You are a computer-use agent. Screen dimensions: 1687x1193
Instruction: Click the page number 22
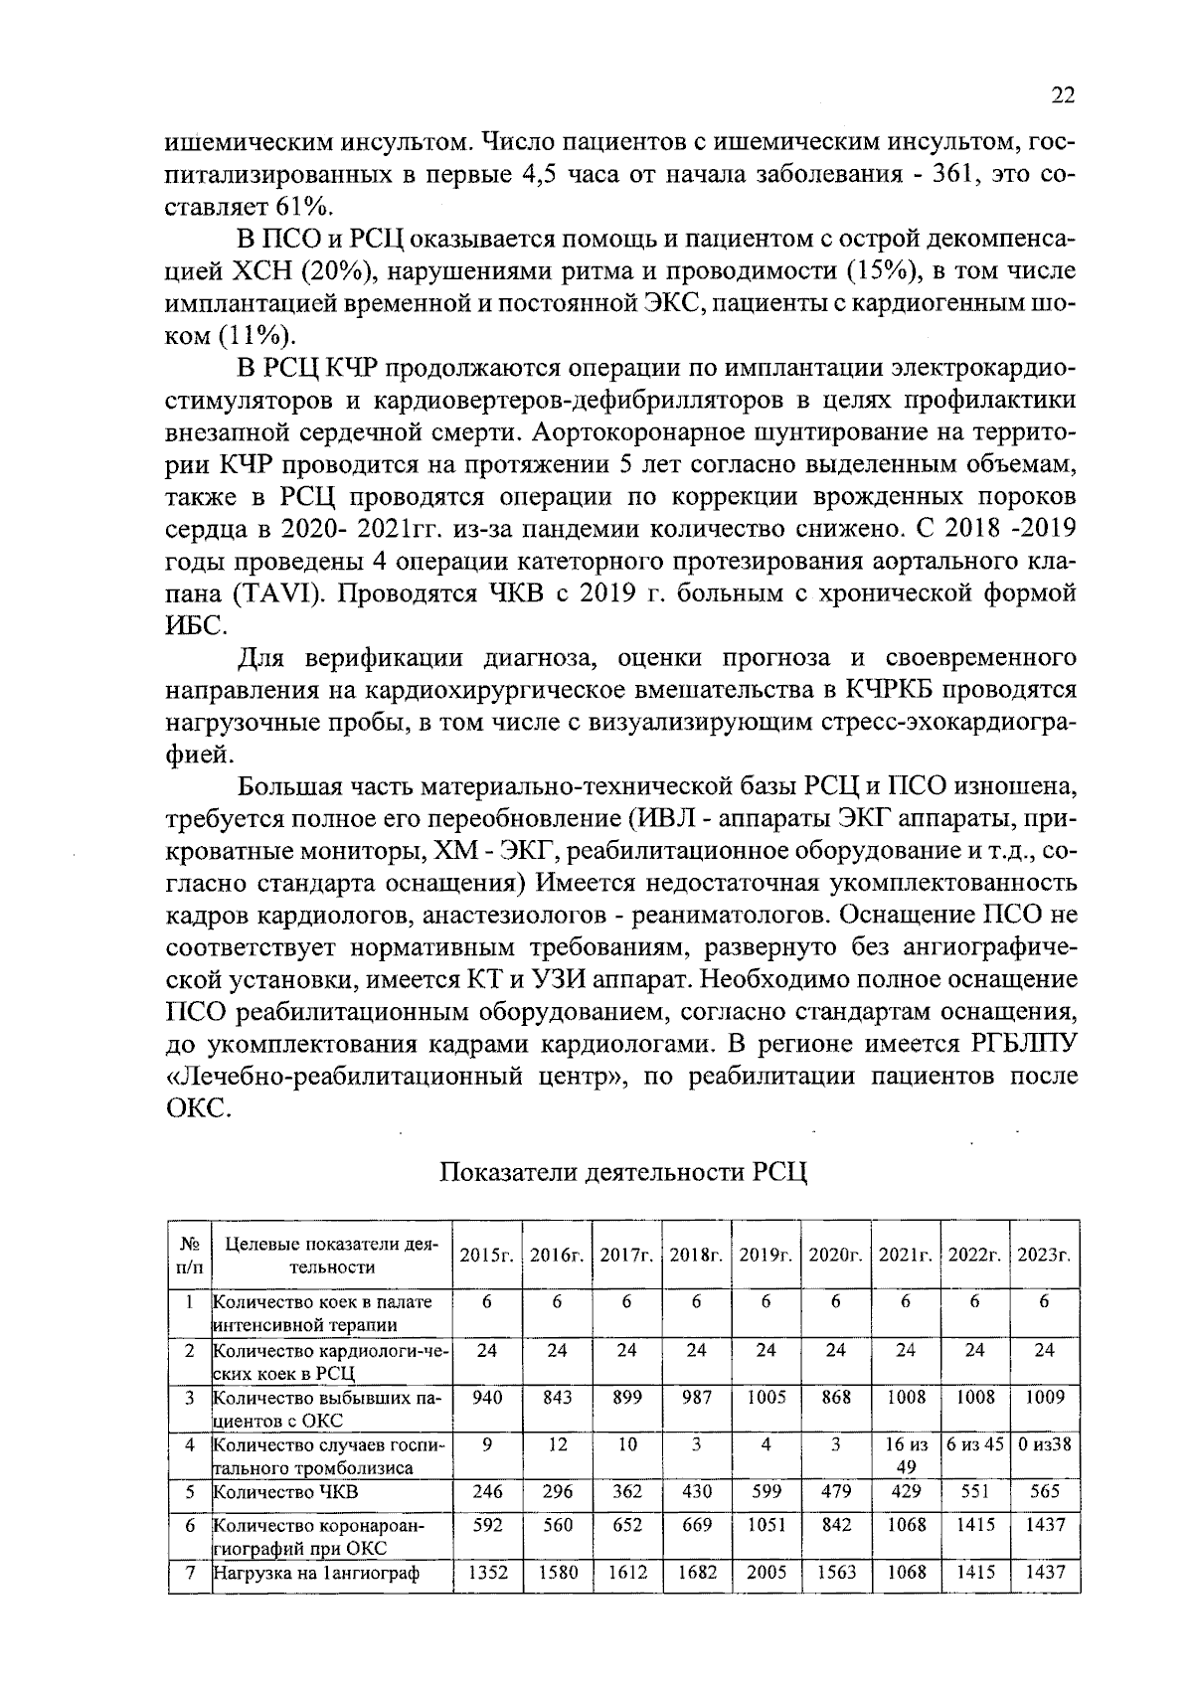1062,95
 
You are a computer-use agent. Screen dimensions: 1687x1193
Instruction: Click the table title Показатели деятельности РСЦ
623,1171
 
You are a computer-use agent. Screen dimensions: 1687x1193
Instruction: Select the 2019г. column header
766,1255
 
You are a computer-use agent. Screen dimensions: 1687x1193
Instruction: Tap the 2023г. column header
1044,1255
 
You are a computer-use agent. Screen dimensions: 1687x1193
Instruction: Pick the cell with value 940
487,1397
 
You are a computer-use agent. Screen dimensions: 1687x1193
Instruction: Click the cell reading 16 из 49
906,1454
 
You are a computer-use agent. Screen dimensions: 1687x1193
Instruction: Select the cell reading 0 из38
1044,1444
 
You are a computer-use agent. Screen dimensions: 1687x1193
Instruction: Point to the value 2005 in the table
766,1572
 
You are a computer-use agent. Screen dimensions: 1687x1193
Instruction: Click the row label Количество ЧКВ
286,1492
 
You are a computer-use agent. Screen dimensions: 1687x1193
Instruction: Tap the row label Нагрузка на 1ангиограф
315,1573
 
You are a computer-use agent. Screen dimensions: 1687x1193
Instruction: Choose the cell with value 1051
766,1525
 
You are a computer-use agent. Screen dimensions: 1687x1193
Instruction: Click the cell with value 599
766,1491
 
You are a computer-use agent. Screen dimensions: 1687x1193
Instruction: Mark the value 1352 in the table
487,1572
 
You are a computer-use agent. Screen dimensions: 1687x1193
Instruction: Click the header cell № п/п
190,1255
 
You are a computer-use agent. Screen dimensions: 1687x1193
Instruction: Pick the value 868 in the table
836,1397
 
